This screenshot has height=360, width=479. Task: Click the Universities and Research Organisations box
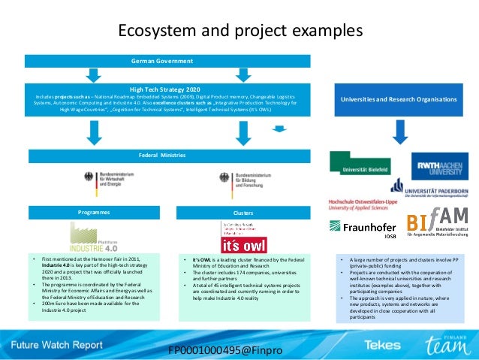[x=399, y=99]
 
